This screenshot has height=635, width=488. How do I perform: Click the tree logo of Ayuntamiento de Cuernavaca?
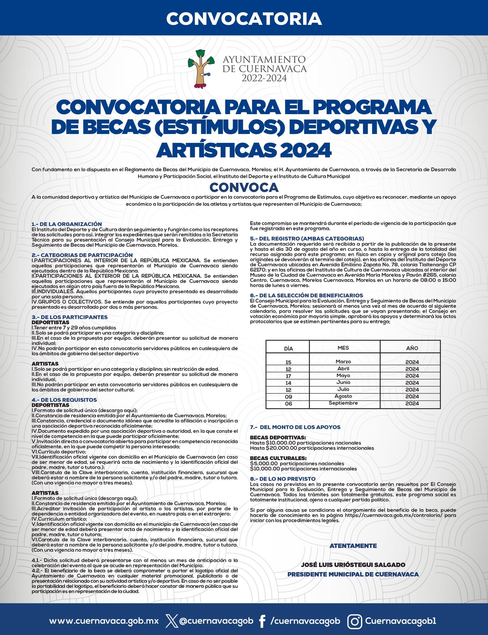pos(200,68)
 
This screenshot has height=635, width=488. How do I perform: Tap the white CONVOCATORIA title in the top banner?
pos(244,19)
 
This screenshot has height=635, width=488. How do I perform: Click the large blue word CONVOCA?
pos(244,188)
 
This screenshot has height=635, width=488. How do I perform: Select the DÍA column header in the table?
pos(288,349)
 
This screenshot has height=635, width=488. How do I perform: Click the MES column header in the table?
pos(343,348)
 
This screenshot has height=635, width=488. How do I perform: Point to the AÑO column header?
pos(412,348)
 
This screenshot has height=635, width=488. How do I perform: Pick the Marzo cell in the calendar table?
pos(343,362)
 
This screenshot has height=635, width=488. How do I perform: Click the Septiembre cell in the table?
pos(343,403)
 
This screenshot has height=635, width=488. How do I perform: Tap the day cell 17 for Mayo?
pos(288,376)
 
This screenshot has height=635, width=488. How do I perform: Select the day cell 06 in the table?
pos(288,404)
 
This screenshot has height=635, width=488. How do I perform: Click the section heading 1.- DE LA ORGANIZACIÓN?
pos(67,224)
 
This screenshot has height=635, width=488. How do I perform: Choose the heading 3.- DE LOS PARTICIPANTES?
pos(70,317)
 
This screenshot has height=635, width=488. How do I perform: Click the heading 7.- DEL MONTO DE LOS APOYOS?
pos(295,427)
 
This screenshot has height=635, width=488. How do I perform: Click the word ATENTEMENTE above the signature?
pos(353,546)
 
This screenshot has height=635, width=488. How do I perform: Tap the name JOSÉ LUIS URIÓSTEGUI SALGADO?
pos(353,565)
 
